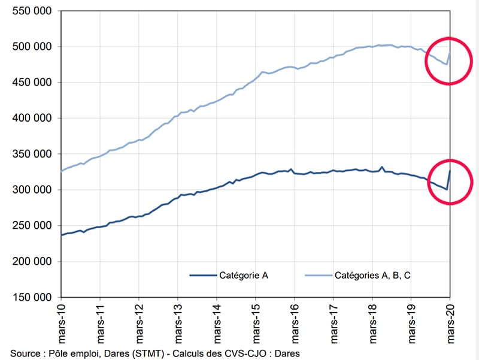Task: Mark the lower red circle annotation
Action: pyautogui.click(x=450, y=182)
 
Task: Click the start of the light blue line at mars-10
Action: pyautogui.click(x=62, y=171)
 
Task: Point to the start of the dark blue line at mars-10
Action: pyautogui.click(x=62, y=235)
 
